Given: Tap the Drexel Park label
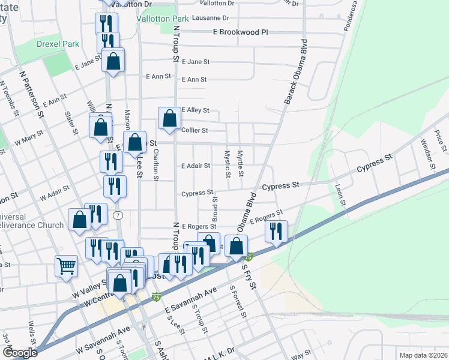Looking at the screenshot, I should [x=58, y=44].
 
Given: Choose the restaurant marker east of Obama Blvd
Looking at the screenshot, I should [x=276, y=231].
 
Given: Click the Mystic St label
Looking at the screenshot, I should [x=228, y=164].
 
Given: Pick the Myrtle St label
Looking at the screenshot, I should [x=241, y=163].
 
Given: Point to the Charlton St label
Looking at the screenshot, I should [x=155, y=165].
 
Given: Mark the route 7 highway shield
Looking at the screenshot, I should [x=118, y=215].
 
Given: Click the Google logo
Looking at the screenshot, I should [x=20, y=352].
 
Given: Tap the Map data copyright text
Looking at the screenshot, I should [x=423, y=355].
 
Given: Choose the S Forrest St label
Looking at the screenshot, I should [x=238, y=302].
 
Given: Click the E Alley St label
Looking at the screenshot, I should [x=194, y=110].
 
